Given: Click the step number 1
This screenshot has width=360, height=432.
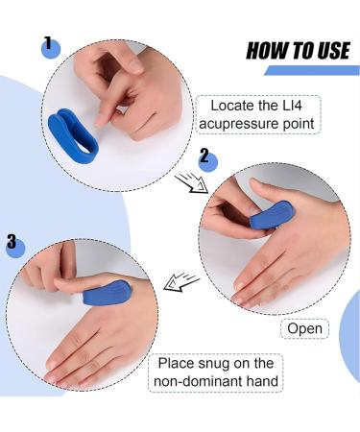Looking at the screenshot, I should tap(47, 43).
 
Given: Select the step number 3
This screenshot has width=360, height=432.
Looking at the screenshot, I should tap(12, 243).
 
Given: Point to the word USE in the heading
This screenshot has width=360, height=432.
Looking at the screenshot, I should tap(331, 50).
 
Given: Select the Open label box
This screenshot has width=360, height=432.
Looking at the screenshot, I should tap(304, 328).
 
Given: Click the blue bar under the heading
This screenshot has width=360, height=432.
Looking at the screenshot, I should tap(311, 70).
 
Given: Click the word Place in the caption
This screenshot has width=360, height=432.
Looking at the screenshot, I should tap(177, 362).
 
